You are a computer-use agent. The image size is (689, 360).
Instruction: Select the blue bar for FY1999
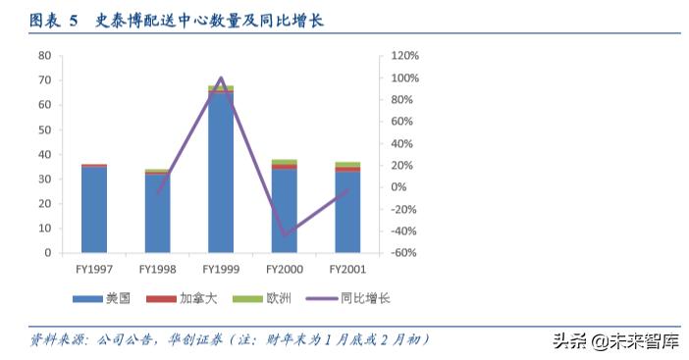point(221,172)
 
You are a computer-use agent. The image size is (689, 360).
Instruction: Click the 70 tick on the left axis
point(45,80)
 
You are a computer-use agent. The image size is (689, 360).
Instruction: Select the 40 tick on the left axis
point(45,155)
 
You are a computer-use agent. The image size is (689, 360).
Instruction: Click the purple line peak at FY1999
point(221,77)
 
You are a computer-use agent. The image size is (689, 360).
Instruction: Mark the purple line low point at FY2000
point(285,235)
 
